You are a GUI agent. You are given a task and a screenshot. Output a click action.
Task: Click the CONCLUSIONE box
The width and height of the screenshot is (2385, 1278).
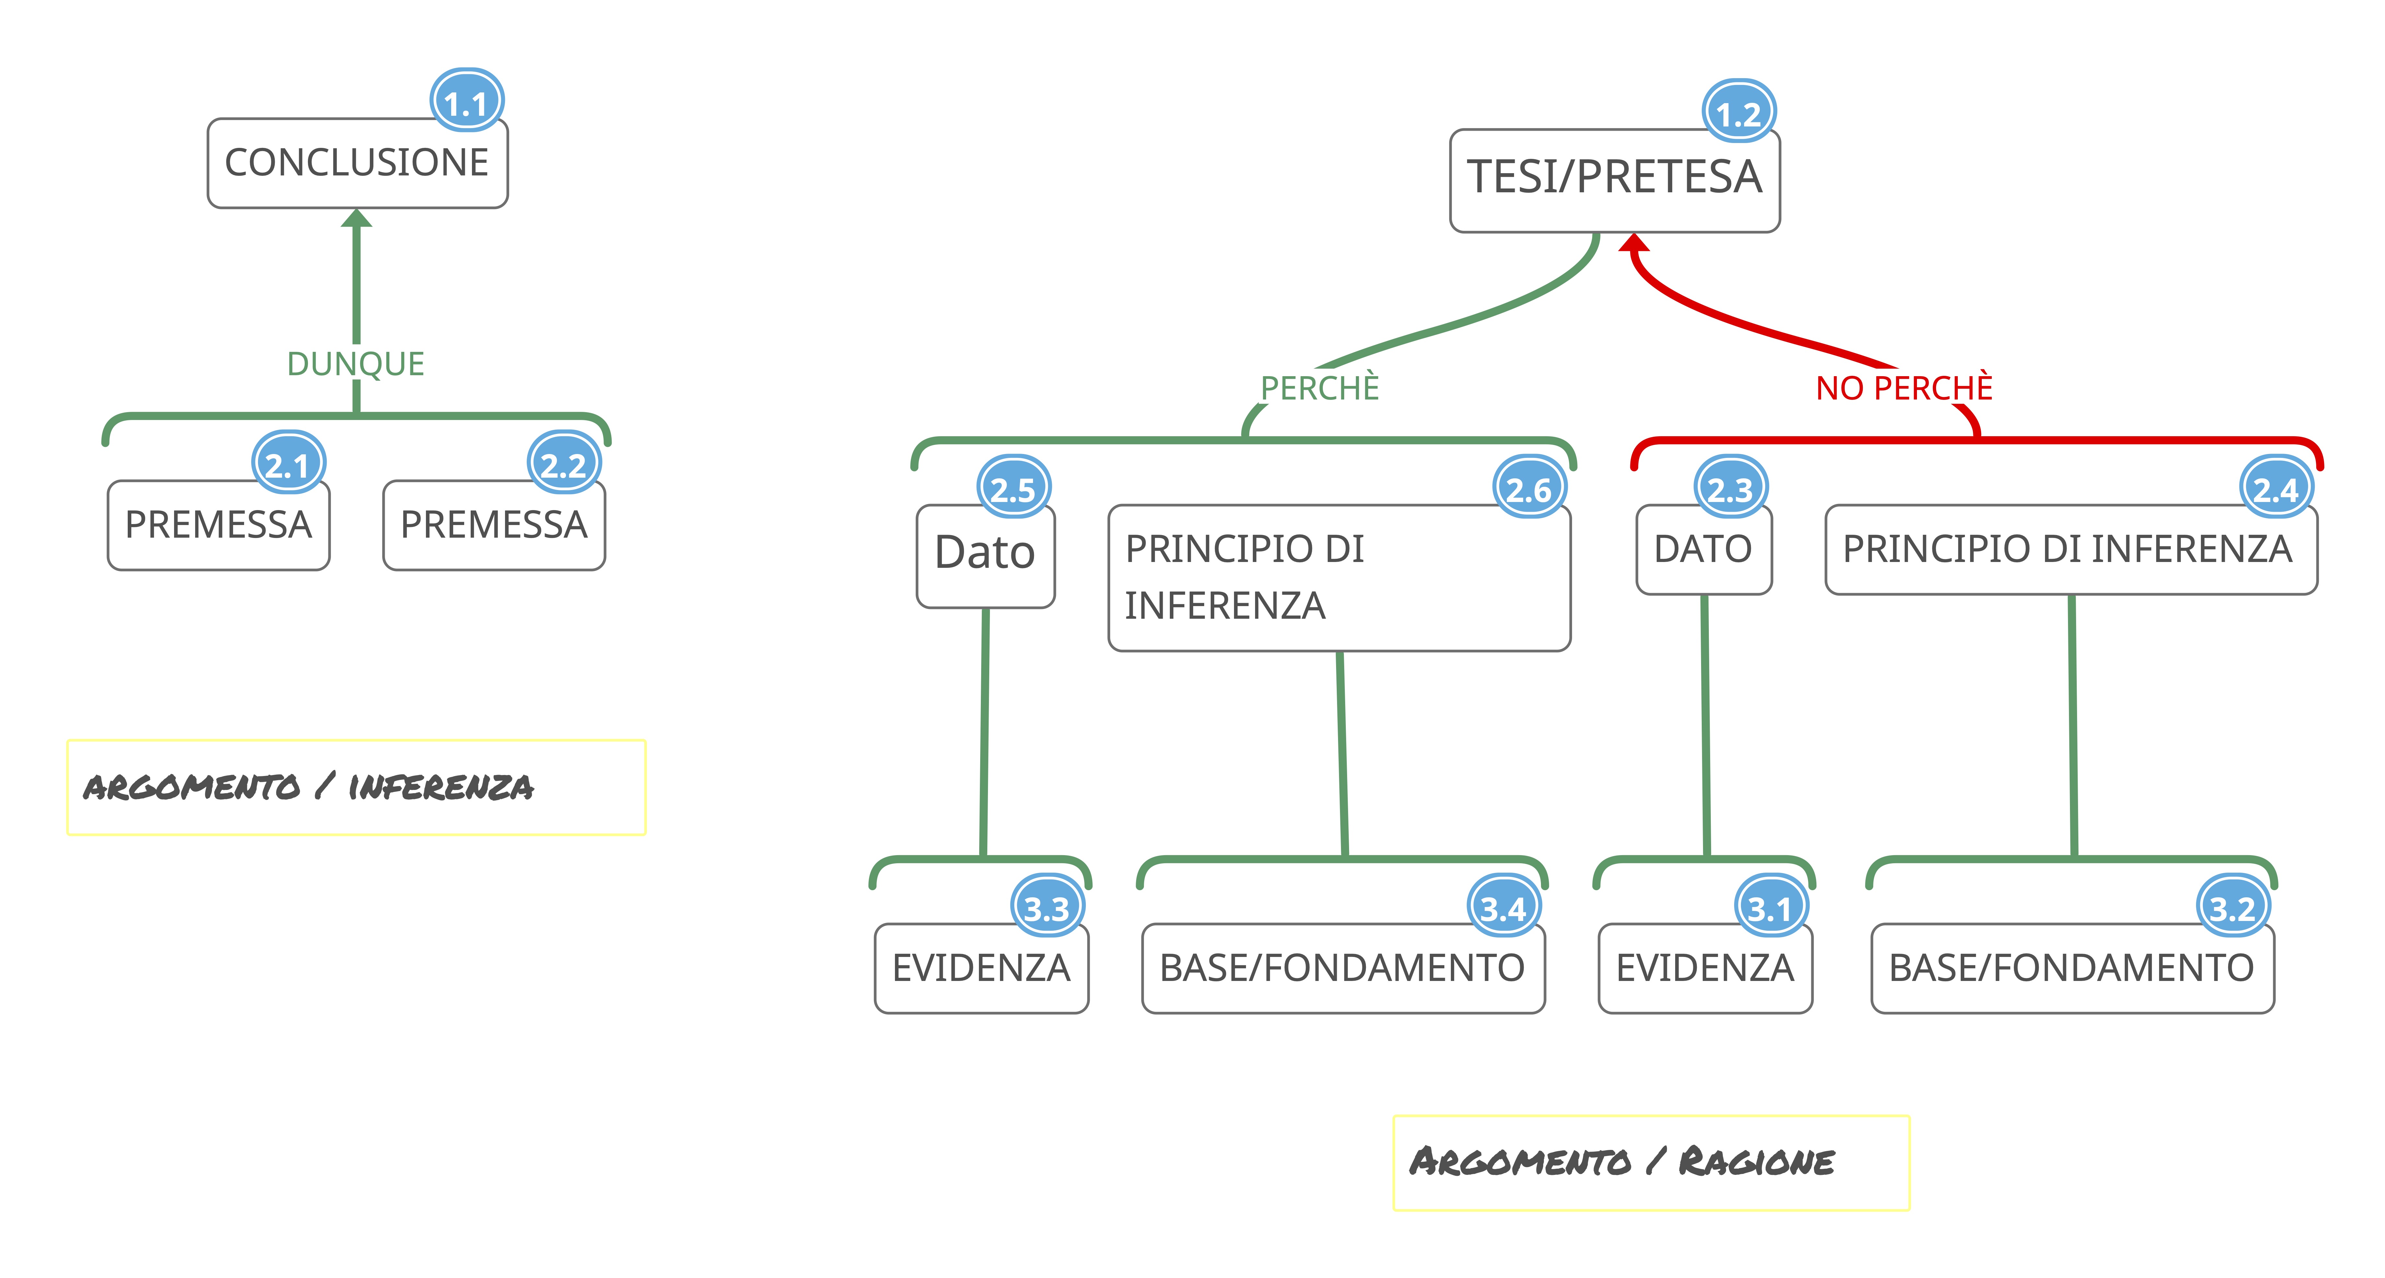[x=357, y=163]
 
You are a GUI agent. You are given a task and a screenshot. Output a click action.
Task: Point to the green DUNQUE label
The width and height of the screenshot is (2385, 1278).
[x=356, y=364]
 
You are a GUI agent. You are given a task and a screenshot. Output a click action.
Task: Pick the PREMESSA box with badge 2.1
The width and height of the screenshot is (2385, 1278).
[x=218, y=525]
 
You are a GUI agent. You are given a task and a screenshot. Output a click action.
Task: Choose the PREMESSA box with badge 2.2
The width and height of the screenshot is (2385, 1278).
[x=493, y=525]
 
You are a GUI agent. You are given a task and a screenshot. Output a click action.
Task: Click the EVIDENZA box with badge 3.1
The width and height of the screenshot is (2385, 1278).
[x=1705, y=968]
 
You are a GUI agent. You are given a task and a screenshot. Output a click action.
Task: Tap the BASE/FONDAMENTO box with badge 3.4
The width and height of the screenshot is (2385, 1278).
[x=1343, y=968]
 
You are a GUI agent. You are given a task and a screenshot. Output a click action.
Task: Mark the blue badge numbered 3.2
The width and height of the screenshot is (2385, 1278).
[x=2232, y=908]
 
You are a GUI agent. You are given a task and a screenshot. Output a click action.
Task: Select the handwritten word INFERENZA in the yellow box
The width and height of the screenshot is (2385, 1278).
[x=441, y=787]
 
